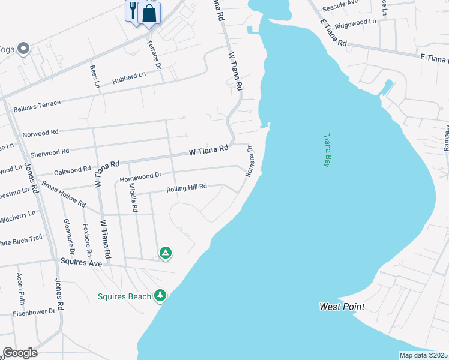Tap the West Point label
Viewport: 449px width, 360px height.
click(342, 307)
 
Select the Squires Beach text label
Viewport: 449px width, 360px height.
click(125, 296)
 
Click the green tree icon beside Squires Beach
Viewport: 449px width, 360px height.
click(160, 295)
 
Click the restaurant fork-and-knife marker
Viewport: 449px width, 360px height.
click(133, 11)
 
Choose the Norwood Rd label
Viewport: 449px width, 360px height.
click(40, 133)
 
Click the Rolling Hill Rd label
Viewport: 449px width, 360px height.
click(187, 188)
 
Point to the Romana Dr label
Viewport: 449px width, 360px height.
click(250, 163)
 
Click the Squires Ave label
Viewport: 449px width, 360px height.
click(82, 262)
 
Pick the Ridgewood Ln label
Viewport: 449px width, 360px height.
click(355, 23)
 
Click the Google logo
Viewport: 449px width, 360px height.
click(20, 353)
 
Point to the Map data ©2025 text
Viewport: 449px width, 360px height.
click(423, 355)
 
